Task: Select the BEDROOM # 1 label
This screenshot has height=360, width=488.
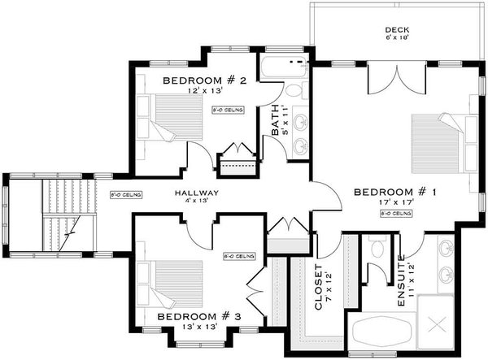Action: tap(395, 193)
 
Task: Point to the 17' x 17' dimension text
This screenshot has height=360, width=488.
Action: tap(395, 203)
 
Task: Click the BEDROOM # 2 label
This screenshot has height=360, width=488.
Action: tap(198, 80)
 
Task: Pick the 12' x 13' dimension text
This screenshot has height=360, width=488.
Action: tap(198, 91)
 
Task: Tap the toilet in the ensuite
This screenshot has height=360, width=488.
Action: tap(376, 249)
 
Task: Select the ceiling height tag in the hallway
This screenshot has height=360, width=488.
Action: tap(126, 195)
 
